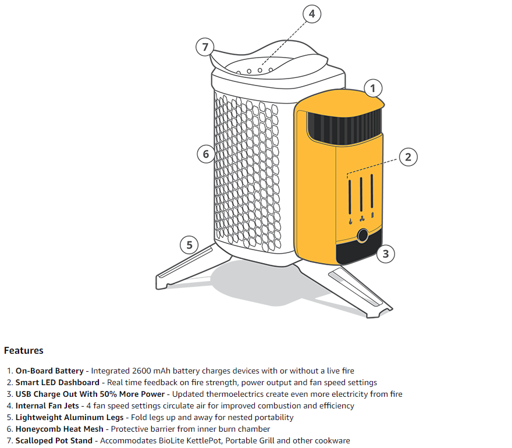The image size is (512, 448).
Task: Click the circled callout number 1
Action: click(x=373, y=88)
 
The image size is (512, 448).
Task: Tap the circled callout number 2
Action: click(x=408, y=157)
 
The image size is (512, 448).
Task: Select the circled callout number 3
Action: click(x=386, y=254)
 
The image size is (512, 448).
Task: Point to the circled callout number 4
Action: click(x=312, y=14)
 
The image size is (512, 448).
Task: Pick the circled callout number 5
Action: click(x=189, y=245)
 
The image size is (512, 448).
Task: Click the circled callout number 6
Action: click(x=206, y=154)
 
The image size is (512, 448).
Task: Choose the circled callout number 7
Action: click(x=205, y=47)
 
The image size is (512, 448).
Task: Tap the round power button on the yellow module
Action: click(x=362, y=235)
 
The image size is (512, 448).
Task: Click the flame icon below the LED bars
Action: click(x=350, y=222)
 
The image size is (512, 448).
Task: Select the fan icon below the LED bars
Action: click(x=362, y=218)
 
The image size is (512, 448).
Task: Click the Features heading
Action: click(x=23, y=350)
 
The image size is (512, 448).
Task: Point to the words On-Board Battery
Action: click(x=49, y=371)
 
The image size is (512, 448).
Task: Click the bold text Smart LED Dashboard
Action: click(x=58, y=382)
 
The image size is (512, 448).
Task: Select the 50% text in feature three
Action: click(x=108, y=394)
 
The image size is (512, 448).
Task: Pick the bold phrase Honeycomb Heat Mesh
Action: click(x=59, y=429)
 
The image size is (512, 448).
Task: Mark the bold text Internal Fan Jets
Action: click(x=47, y=406)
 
